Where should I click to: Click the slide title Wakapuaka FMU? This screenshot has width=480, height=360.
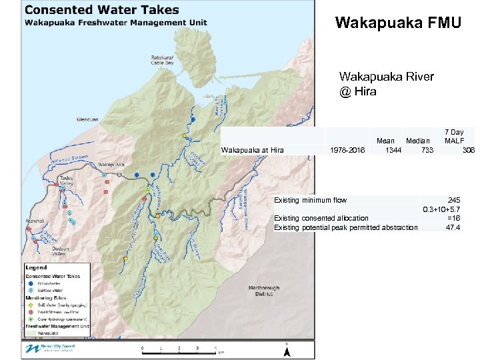tap(398, 24)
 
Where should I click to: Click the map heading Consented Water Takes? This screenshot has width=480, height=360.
tap(102, 9)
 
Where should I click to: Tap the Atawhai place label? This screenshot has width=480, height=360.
tap(35, 221)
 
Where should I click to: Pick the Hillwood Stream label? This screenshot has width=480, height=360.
tap(69, 159)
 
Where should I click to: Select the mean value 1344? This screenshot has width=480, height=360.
tap(393, 150)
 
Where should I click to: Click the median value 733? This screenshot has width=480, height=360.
tap(427, 150)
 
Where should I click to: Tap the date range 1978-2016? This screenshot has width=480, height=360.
tap(347, 150)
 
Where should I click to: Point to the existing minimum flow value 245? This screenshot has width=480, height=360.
tap(454, 200)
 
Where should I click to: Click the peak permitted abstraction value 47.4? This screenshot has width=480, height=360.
tap(454, 227)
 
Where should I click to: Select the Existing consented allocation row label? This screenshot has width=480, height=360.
tap(321, 218)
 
